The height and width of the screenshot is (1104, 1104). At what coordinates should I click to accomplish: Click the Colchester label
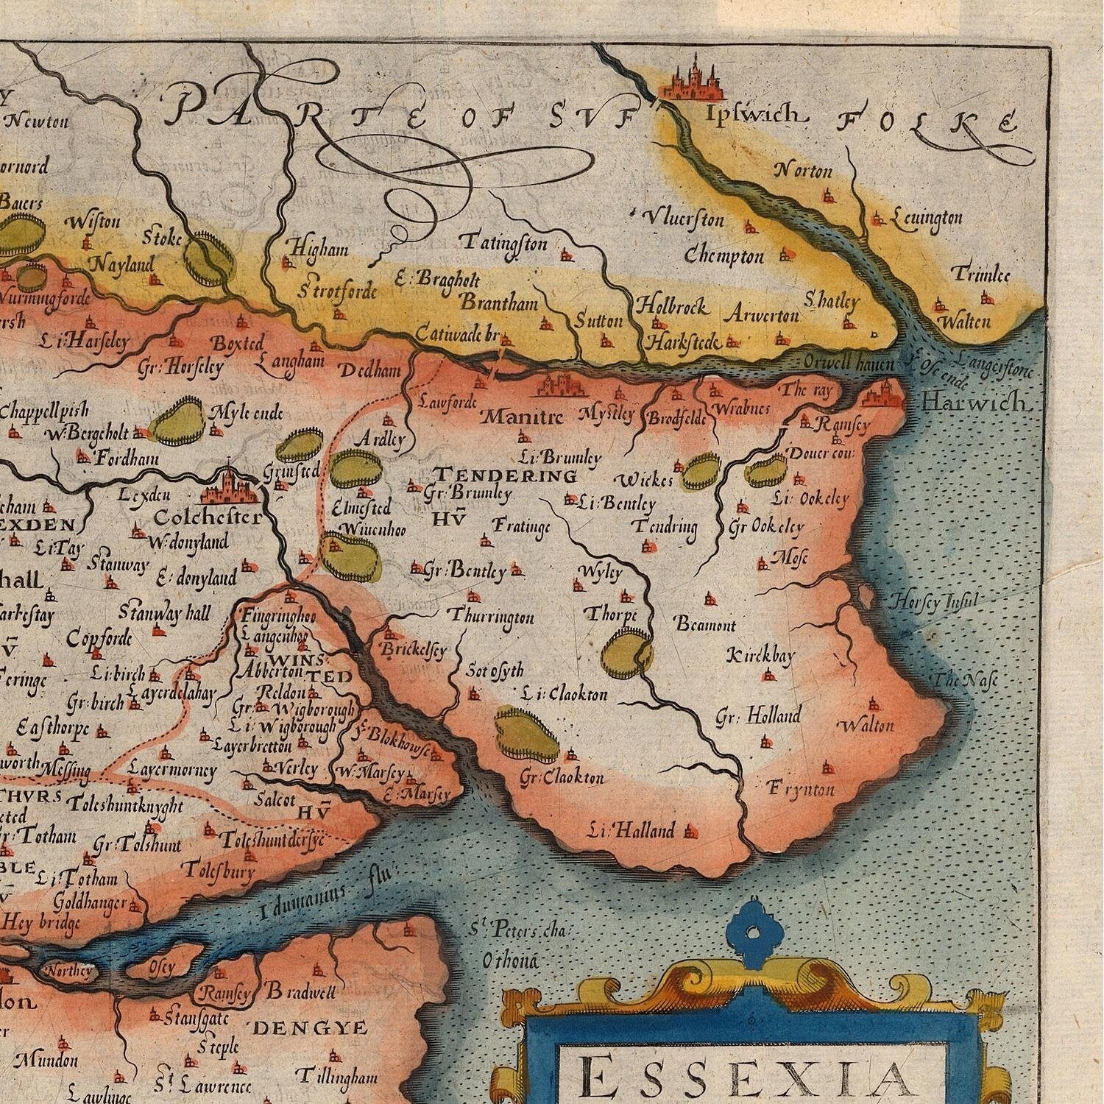[208, 517]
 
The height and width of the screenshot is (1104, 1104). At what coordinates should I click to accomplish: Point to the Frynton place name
[801, 789]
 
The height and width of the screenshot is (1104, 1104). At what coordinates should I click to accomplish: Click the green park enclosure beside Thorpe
[626, 654]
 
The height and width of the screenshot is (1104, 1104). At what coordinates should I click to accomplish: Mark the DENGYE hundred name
[309, 1028]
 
